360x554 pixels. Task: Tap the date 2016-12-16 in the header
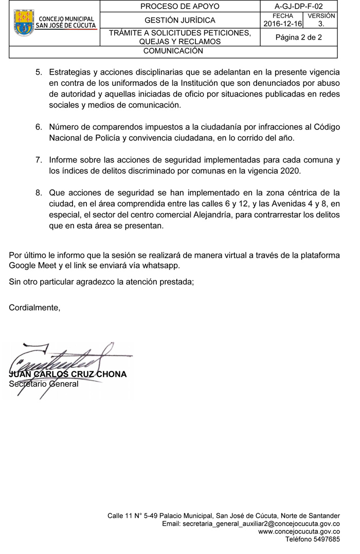pyautogui.click(x=282, y=24)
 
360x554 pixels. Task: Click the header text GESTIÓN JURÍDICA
pyautogui.click(x=180, y=21)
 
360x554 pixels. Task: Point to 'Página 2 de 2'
pyautogui.click(x=299, y=37)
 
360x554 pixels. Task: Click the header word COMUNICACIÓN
pyautogui.click(x=173, y=51)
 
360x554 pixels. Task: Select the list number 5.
pyautogui.click(x=39, y=72)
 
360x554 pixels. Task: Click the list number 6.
pyautogui.click(x=39, y=127)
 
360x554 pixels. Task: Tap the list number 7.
pyautogui.click(x=39, y=160)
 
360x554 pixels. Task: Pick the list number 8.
pyautogui.click(x=39, y=193)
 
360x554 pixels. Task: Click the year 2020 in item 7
pyautogui.click(x=290, y=171)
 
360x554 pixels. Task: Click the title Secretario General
pyautogui.click(x=44, y=384)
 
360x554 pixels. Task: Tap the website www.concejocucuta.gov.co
pyautogui.click(x=299, y=531)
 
